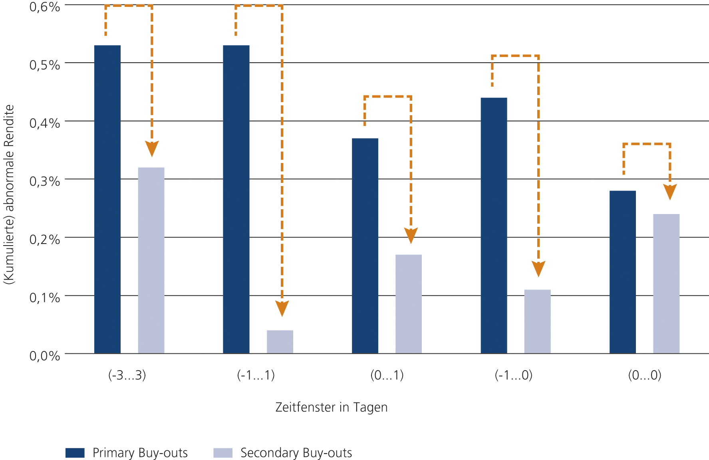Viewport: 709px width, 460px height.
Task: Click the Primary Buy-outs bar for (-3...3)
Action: (x=107, y=199)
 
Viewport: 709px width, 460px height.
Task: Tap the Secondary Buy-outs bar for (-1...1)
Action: (x=280, y=342)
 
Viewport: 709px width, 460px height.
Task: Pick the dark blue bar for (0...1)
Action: (x=365, y=246)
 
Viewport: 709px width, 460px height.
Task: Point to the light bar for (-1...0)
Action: (x=537, y=321)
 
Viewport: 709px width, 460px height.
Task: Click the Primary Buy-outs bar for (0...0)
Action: (x=623, y=272)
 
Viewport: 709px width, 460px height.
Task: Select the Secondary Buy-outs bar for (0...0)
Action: (x=666, y=284)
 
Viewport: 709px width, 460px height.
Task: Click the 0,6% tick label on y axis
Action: (x=45, y=7)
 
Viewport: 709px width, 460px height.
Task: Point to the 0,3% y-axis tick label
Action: (x=45, y=181)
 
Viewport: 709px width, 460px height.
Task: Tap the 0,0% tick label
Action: (x=45, y=356)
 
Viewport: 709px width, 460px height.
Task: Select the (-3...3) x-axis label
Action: (x=127, y=375)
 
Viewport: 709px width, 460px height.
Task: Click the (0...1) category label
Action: (x=387, y=375)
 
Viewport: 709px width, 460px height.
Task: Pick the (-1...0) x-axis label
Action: (x=514, y=375)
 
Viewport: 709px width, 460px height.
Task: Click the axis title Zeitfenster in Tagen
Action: (x=332, y=407)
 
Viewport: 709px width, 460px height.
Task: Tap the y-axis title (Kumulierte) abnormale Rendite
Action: (x=9, y=194)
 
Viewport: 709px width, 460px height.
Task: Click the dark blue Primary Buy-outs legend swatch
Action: (x=75, y=453)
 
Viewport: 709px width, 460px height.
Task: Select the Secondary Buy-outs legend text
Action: (x=296, y=453)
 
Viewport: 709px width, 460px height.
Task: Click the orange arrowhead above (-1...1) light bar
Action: (x=282, y=309)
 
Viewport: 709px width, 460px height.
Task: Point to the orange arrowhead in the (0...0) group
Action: (x=670, y=192)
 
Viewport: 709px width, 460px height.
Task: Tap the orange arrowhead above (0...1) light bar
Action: (x=411, y=235)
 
